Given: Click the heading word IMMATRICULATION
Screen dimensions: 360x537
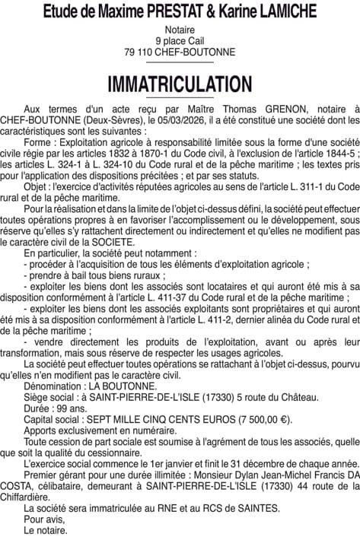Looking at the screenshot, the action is coord(180,83).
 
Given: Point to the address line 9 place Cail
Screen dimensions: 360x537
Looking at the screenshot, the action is coord(180,41).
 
